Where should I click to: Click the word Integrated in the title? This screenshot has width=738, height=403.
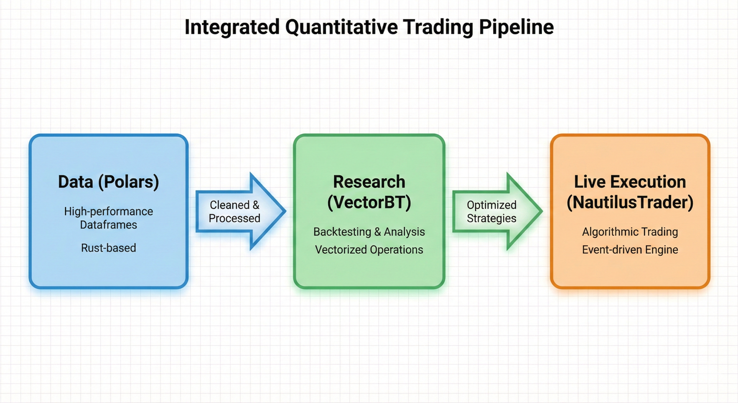tap(232, 27)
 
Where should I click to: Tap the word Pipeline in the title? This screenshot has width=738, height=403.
tap(516, 27)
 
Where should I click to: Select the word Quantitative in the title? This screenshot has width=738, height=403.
tap(341, 27)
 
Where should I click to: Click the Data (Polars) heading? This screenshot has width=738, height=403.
tap(108, 182)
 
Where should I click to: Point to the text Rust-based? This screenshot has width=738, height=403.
tap(108, 248)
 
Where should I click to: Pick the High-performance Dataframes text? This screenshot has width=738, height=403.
tap(108, 218)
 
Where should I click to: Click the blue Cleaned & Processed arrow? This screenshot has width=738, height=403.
tap(240, 211)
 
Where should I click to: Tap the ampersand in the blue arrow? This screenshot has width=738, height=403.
tap(256, 205)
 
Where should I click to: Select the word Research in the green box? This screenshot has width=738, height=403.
tap(369, 182)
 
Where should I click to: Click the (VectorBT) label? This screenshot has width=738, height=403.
tap(369, 202)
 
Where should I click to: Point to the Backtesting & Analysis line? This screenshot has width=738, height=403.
tap(369, 232)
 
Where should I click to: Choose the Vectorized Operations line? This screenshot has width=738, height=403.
tap(369, 250)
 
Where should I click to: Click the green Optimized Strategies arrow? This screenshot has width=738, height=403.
tap(496, 211)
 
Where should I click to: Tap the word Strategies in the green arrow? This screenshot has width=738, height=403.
tap(492, 218)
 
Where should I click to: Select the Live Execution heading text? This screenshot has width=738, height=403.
tap(630, 182)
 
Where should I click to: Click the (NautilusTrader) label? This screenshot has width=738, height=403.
tap(630, 202)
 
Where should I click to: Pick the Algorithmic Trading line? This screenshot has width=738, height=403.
tap(630, 232)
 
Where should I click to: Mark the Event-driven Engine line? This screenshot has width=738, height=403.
tap(630, 250)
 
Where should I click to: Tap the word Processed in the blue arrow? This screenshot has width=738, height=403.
tap(234, 218)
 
